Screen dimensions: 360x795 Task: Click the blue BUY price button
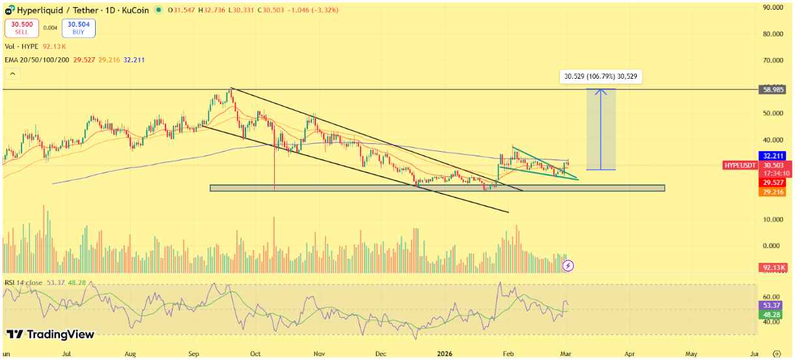pyautogui.click(x=79, y=28)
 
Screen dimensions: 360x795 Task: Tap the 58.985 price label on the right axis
pyautogui.click(x=772, y=90)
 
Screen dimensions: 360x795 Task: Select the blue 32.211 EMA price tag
pyautogui.click(x=772, y=156)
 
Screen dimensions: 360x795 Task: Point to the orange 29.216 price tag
pyautogui.click(x=772, y=192)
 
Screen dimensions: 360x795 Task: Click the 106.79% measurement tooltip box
pyautogui.click(x=601, y=77)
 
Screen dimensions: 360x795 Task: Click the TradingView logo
pyautogui.click(x=51, y=335)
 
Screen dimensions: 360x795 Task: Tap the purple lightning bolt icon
pyautogui.click(x=568, y=265)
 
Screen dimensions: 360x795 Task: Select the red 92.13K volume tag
pyautogui.click(x=773, y=268)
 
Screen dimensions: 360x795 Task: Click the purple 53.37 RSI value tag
pyautogui.click(x=772, y=305)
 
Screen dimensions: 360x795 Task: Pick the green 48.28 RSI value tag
pyautogui.click(x=772, y=314)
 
